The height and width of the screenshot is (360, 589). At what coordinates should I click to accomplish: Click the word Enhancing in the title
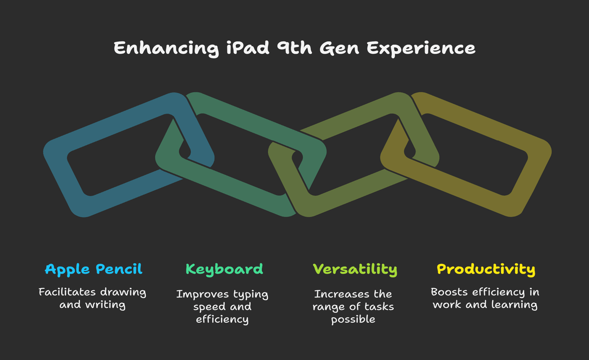[166, 49]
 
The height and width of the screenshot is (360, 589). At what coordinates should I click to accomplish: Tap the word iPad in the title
[247, 48]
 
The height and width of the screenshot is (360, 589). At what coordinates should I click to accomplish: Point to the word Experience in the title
[421, 49]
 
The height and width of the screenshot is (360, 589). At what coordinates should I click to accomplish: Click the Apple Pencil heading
[94, 269]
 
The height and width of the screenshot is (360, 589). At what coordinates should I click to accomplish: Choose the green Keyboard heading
[224, 269]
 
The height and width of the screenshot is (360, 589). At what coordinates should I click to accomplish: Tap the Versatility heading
[355, 269]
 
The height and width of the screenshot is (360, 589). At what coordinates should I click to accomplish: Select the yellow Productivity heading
[486, 269]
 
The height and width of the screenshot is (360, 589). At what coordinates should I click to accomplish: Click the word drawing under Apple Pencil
[123, 292]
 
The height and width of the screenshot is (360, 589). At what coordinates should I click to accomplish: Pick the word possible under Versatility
[353, 320]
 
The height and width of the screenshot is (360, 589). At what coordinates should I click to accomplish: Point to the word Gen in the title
[339, 48]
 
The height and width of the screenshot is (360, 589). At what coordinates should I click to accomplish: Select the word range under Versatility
[329, 307]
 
